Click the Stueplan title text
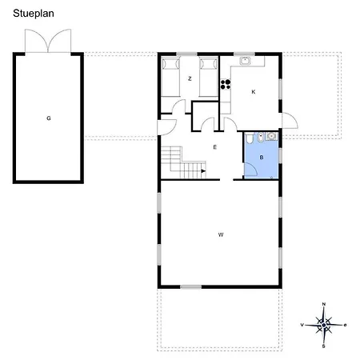click(x=34, y=14)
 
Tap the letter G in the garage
click(x=49, y=118)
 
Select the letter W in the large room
click(x=221, y=234)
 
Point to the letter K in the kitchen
click(x=254, y=92)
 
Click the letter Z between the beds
click(x=190, y=78)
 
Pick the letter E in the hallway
click(x=215, y=147)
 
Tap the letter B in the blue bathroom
click(x=262, y=158)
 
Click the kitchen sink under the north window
click(x=245, y=61)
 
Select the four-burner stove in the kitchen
click(x=226, y=84)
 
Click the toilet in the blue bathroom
click(x=250, y=138)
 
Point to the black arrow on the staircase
click(x=203, y=171)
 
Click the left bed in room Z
click(x=170, y=78)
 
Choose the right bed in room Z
click(x=209, y=78)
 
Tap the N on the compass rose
click(x=324, y=304)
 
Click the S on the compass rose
click(x=324, y=346)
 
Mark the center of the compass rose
click(x=324, y=325)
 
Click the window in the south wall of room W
click(x=190, y=287)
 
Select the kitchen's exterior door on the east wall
click(x=290, y=121)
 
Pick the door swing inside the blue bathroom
click(x=250, y=170)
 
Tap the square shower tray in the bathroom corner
click(x=271, y=136)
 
